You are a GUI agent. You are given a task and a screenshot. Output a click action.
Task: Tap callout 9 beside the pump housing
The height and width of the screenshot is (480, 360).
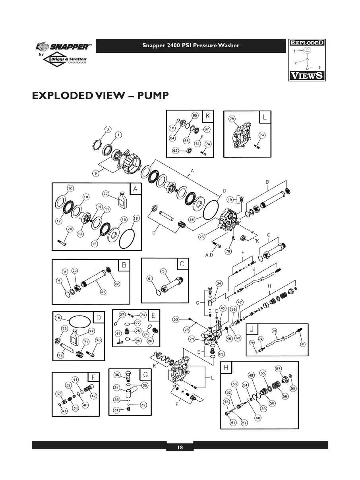click(96, 173)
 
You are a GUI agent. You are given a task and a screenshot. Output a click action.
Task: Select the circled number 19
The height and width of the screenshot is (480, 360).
click(230, 199)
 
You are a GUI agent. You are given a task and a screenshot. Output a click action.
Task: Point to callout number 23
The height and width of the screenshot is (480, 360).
click(202, 237)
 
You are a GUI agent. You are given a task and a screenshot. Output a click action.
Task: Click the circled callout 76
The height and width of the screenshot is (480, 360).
click(228, 251)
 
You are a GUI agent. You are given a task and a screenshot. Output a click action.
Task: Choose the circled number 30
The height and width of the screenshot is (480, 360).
click(176, 319)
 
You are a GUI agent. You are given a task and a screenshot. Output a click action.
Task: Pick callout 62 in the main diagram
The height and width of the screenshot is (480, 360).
click(221, 354)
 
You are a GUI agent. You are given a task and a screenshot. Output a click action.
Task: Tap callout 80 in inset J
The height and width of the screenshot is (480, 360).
click(274, 331)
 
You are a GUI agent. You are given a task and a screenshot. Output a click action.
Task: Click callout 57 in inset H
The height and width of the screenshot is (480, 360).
click(279, 369)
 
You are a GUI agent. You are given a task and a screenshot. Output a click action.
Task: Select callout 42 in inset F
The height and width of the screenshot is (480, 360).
click(94, 396)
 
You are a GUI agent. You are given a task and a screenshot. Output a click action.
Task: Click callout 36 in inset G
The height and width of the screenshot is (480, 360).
click(117, 375)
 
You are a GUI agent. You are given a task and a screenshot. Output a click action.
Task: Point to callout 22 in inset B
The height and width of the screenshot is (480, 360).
click(117, 284)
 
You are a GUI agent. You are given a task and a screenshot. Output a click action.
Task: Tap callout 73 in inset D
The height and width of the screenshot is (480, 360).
click(64, 329)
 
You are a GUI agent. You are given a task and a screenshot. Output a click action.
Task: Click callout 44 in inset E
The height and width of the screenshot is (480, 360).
click(118, 334)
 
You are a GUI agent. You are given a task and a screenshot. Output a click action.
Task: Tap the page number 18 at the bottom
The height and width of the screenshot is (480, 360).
click(180, 447)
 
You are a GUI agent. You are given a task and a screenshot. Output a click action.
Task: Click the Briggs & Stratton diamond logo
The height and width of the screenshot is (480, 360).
click(66, 60)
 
